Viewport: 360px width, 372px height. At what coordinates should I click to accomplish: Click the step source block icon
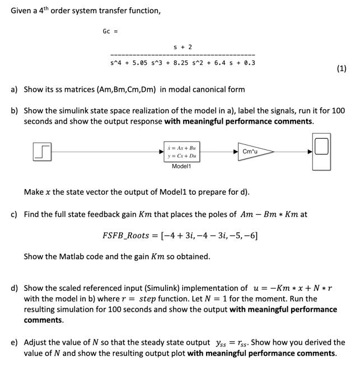[x=43, y=152]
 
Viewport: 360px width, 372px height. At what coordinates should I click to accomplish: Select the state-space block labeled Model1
[x=181, y=152]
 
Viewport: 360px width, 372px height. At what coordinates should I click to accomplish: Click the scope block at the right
[x=321, y=147]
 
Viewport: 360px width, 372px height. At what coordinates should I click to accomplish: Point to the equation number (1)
[x=342, y=69]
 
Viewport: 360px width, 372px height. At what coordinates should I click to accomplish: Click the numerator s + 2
[x=183, y=47]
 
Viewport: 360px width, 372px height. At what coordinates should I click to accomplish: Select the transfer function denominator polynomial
[x=183, y=63]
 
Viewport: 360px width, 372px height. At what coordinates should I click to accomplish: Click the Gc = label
[x=110, y=31]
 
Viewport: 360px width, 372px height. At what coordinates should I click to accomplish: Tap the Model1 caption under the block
[x=181, y=166]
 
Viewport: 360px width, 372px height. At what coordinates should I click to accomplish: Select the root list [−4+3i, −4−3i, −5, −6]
[x=209, y=235]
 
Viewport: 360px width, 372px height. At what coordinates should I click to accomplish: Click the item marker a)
[x=14, y=90]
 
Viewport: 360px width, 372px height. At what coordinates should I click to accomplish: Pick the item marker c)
[x=14, y=214]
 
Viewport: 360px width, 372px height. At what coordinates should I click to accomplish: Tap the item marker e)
[x=14, y=342]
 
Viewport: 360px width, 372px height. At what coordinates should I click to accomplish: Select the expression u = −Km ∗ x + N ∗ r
[x=290, y=288]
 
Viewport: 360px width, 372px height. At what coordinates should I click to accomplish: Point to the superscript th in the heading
[x=45, y=8]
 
